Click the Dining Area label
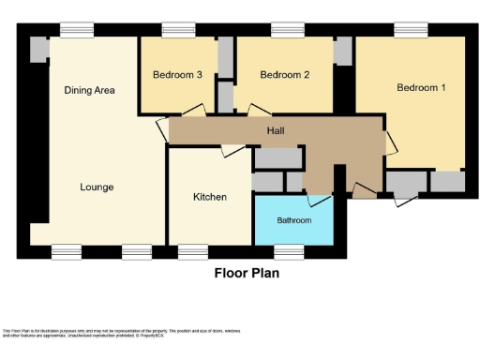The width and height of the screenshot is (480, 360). [x=89, y=91]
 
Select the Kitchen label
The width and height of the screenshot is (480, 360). [x=209, y=197]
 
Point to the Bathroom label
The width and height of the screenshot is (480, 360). [x=293, y=221]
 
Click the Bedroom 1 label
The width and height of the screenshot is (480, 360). [x=420, y=88]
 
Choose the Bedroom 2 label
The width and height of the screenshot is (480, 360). [x=284, y=75]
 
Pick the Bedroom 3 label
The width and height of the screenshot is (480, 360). [x=177, y=75]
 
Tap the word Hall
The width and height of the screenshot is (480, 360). [x=276, y=131]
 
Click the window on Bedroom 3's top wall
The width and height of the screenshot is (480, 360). [x=178, y=30]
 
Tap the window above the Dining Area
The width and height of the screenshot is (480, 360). [x=76, y=30]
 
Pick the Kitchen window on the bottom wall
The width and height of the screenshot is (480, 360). [x=193, y=250]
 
